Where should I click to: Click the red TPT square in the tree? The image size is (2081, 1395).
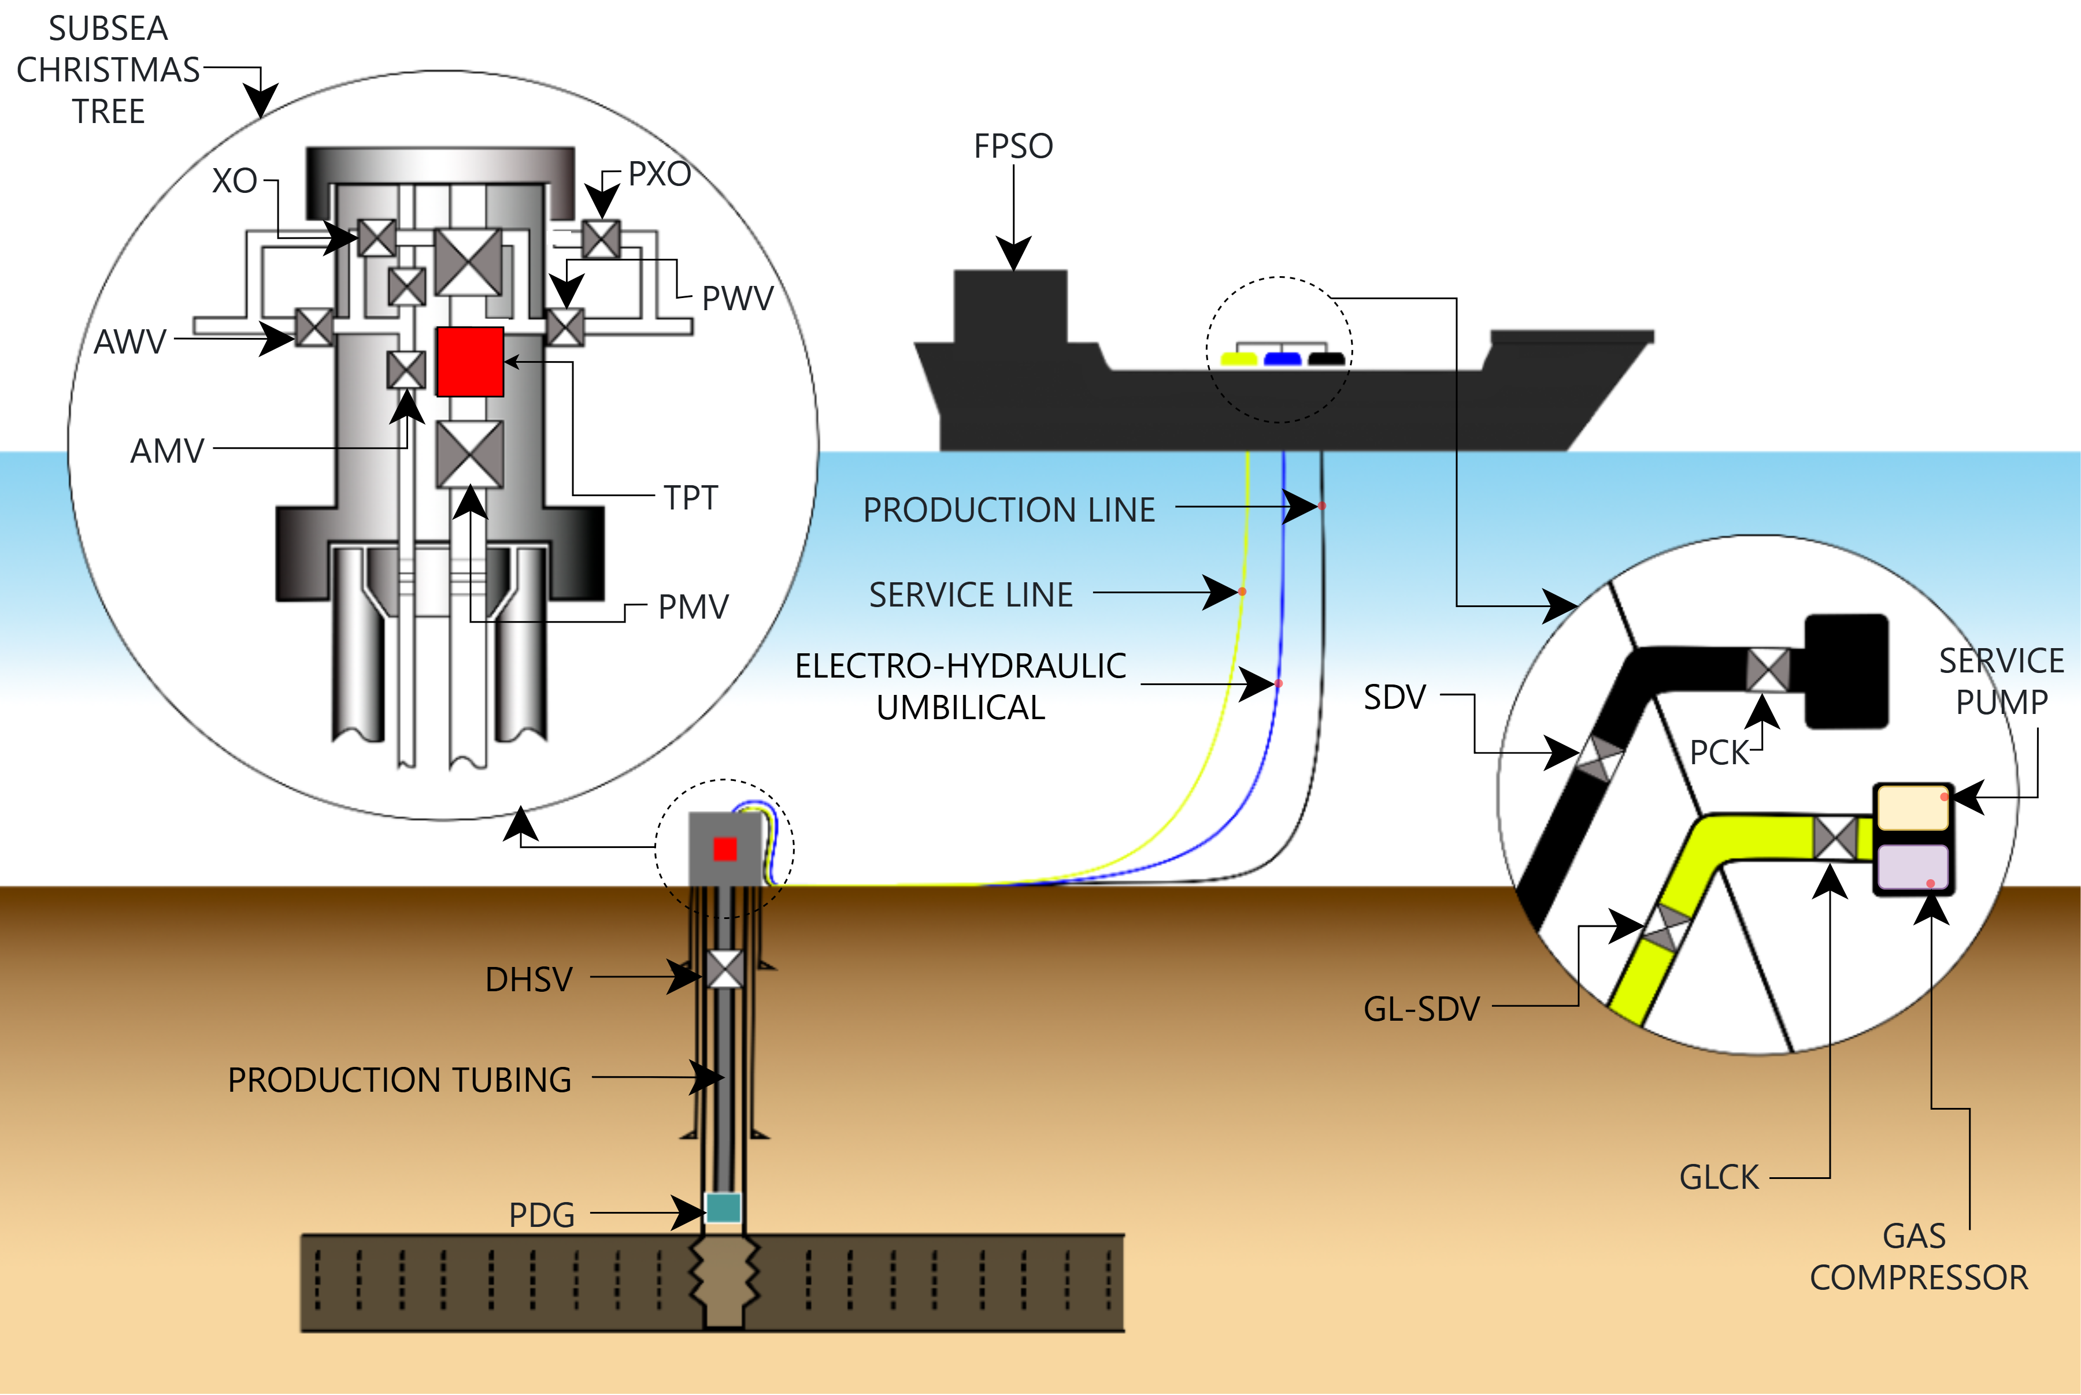(470, 361)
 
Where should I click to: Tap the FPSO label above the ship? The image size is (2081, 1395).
(1013, 146)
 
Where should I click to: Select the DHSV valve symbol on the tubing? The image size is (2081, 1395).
(724, 969)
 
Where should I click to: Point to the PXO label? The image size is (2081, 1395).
(660, 174)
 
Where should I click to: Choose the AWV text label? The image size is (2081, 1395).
(130, 341)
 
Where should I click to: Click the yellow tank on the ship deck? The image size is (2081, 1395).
(1238, 359)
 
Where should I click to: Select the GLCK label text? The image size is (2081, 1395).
(1719, 1177)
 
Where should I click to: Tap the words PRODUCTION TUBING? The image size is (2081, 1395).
(399, 1080)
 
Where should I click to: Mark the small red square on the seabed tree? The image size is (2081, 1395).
(725, 849)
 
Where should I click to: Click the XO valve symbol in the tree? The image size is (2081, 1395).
(376, 237)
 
